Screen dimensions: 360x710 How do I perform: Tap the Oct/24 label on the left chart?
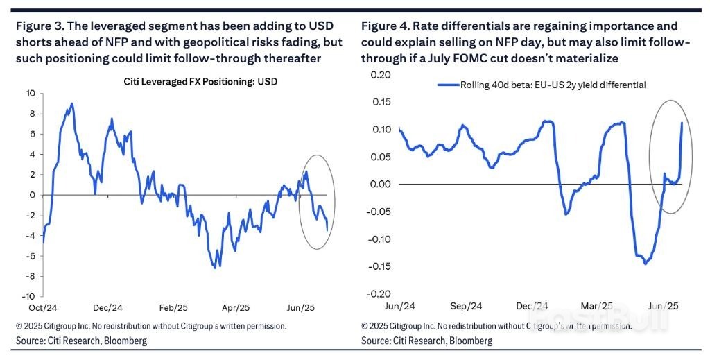click(x=43, y=307)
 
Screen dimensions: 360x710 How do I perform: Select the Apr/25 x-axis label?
click(x=236, y=307)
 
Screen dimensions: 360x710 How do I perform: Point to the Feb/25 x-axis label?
click(x=172, y=307)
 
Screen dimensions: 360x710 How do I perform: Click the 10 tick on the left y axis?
click(x=31, y=93)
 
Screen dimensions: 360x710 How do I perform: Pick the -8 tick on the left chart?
click(x=31, y=276)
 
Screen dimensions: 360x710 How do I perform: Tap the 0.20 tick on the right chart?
click(x=381, y=74)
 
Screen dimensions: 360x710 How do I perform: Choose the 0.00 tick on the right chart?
click(x=381, y=185)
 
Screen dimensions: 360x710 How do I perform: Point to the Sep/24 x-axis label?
click(x=466, y=306)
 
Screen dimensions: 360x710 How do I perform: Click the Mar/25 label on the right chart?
click(x=597, y=306)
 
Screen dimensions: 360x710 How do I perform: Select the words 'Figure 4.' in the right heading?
click(x=385, y=26)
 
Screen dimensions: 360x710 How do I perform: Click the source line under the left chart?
click(x=82, y=341)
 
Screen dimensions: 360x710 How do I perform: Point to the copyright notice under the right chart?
click(x=496, y=325)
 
